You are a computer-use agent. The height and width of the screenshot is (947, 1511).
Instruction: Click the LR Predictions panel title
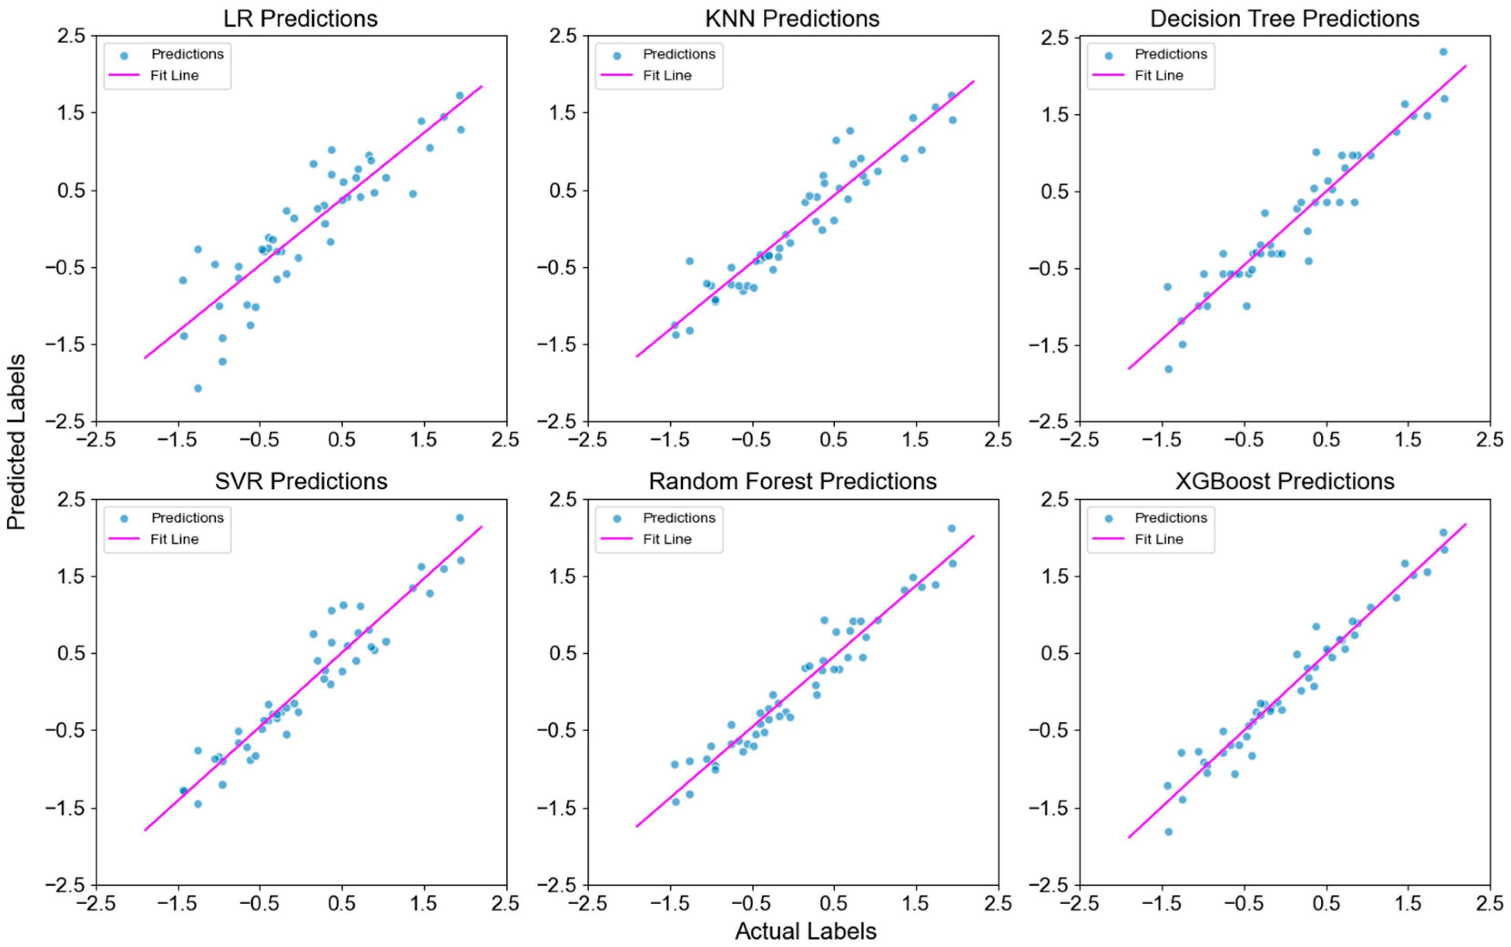click(300, 18)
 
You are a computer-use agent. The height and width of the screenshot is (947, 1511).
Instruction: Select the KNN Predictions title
click(792, 18)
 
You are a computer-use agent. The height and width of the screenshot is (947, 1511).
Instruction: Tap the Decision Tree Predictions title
click(1284, 18)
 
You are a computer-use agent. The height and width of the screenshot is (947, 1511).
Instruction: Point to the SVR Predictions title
click(300, 481)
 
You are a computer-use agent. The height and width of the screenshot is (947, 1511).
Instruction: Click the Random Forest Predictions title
click(792, 481)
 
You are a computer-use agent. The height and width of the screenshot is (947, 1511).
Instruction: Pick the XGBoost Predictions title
click(1284, 481)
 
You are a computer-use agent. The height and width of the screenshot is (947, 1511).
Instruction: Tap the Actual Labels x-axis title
click(805, 931)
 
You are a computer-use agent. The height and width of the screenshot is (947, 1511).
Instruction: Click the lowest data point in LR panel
click(198, 388)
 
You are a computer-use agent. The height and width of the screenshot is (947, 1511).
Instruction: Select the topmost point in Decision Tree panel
click(1443, 51)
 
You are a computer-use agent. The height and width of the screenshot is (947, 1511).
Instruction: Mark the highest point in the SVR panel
click(460, 517)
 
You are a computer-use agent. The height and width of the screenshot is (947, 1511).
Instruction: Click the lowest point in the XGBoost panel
click(1168, 831)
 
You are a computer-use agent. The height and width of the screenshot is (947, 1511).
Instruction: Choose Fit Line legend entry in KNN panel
click(667, 75)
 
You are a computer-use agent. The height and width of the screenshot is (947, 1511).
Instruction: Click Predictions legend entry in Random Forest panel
click(679, 517)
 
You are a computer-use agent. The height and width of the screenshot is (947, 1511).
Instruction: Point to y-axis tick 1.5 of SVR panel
click(70, 576)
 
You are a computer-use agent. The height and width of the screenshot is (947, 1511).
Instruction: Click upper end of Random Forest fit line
click(974, 536)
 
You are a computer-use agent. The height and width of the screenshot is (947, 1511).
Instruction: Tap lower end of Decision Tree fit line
click(1129, 368)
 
